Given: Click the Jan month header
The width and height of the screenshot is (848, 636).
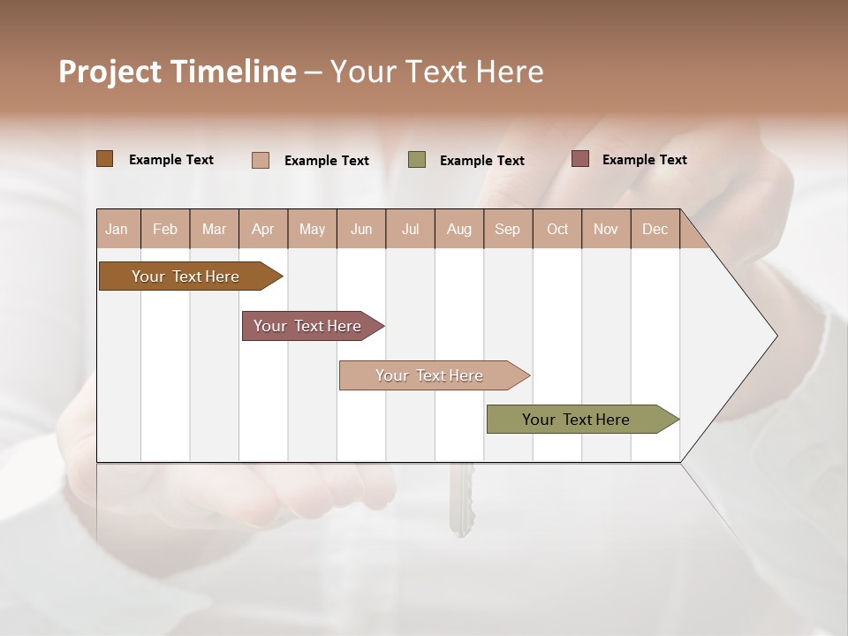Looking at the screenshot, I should tap(117, 230).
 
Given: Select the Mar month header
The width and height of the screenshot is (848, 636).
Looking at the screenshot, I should tap(214, 230).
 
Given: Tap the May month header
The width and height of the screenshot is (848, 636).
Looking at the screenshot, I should tap(312, 230).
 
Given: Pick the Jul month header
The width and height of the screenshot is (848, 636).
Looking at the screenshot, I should tap(410, 230).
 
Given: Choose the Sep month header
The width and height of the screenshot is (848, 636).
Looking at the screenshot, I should tap(507, 230).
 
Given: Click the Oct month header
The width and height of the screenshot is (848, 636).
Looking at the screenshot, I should tap(557, 230).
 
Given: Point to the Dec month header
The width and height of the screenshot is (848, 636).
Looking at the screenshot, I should tap(655, 230).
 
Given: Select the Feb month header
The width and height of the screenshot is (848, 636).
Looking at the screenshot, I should tap(165, 230).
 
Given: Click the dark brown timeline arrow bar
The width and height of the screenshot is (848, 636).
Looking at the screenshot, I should tap(185, 276).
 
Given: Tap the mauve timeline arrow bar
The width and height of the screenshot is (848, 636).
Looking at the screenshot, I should tap(307, 326).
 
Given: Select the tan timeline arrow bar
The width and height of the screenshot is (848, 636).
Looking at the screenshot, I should tap(429, 375).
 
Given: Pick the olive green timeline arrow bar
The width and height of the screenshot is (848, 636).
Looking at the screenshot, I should tap(576, 420).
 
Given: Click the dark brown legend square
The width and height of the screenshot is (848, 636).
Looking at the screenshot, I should tap(104, 159).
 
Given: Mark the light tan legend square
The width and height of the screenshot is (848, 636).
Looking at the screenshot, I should tap(260, 160).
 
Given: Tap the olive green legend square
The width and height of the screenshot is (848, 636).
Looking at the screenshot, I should tap(417, 160).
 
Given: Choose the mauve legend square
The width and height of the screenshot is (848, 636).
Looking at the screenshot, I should tap(579, 159).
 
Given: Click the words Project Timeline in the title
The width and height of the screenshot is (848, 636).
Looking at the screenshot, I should tap(177, 72).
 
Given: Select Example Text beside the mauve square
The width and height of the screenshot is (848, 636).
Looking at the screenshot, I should tap(644, 160).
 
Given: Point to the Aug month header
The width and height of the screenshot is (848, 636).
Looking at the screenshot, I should tap(458, 230).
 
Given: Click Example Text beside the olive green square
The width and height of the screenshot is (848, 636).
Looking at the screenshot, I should tap(481, 161).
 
